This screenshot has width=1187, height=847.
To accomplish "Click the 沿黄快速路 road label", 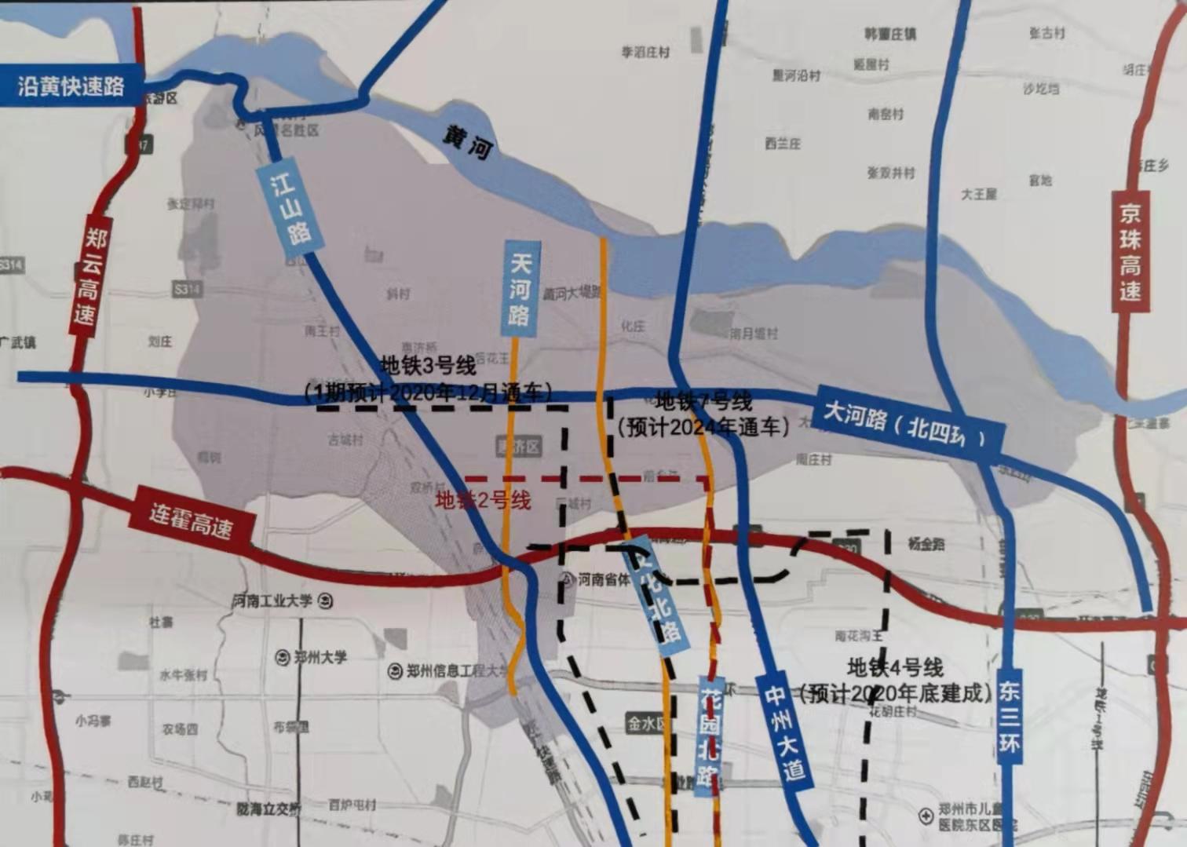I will coord(71,86).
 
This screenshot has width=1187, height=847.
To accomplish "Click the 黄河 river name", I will coord(466,142).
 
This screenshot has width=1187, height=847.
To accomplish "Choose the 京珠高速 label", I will coord(1130,251).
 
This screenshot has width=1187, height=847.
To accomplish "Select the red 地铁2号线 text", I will coord(484,500).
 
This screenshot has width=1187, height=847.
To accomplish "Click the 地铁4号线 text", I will coord(895,668).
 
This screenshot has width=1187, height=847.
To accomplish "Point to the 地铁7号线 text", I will coord(703,401).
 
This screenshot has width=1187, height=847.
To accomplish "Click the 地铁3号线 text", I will coord(428,366).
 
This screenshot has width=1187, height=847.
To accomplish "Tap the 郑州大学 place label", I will coord(320,657).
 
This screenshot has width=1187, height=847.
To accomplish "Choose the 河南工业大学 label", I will coord(272,601).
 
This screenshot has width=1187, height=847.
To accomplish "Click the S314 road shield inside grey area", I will coord(187,290).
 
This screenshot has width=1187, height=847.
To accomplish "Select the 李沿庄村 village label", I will coord(645,52).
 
